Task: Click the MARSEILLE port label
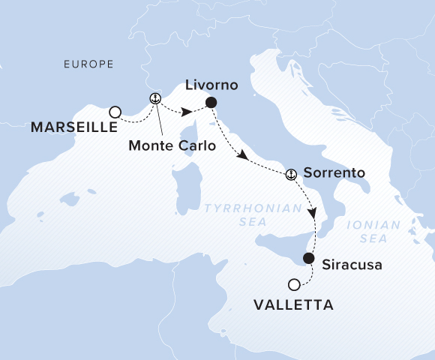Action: pyautogui.click(x=68, y=128)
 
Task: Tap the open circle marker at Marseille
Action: pyautogui.click(x=115, y=112)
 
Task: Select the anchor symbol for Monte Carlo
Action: pyautogui.click(x=155, y=98)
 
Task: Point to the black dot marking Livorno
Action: pyautogui.click(x=211, y=103)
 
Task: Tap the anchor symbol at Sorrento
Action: pyautogui.click(x=291, y=174)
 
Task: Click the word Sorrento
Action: pyautogui.click(x=334, y=173)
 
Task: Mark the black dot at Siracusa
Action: pyautogui.click(x=308, y=258)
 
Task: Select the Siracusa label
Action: pyautogui.click(x=347, y=265)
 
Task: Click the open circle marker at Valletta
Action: pyautogui.click(x=294, y=283)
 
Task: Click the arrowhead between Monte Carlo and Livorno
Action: pyautogui.click(x=185, y=112)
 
